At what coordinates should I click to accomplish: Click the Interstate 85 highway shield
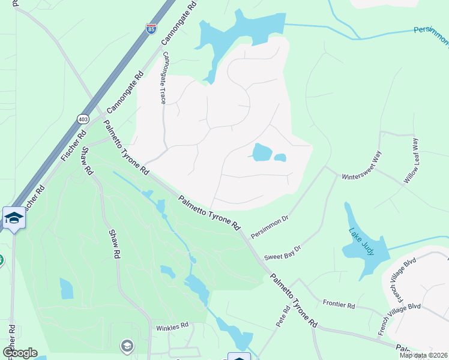(151, 28)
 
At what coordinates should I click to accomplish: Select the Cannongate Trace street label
(163, 78)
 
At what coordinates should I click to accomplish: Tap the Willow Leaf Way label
(411, 160)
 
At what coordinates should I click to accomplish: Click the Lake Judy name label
(361, 240)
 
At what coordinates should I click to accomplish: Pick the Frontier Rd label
(339, 305)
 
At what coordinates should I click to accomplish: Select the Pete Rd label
(283, 316)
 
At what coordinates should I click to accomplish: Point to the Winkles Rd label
(172, 326)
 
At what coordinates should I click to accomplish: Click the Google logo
(19, 353)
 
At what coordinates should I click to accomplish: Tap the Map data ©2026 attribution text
(423, 355)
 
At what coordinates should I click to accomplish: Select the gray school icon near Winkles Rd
(127, 346)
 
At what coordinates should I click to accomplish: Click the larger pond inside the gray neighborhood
(262, 152)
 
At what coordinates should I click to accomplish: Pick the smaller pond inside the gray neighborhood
(280, 158)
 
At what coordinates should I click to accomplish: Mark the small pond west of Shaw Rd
(66, 289)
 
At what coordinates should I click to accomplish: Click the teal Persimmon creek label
(431, 36)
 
